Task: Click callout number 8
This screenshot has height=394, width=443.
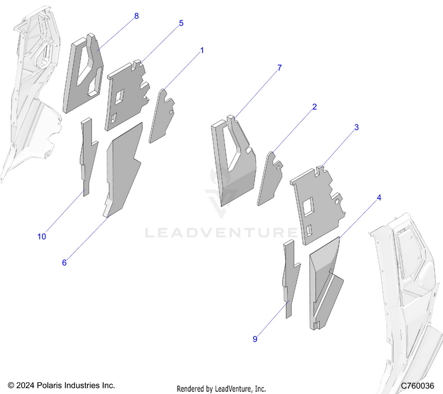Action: point(136,16)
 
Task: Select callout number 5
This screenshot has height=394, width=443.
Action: point(181,23)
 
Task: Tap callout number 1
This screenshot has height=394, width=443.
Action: point(201,51)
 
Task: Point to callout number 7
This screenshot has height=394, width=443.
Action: point(279,69)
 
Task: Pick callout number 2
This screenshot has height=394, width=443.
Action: point(314,107)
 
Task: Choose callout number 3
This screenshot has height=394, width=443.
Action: point(356,127)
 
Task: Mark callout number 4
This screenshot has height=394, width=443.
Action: point(379,197)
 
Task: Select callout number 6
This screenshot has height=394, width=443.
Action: point(64,262)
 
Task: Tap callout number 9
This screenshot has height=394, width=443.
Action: point(255,339)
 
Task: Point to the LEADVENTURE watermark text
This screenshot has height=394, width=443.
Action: point(221,232)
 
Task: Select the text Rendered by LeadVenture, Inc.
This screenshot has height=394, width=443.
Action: point(221,389)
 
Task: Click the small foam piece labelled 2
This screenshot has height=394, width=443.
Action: point(269,180)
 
